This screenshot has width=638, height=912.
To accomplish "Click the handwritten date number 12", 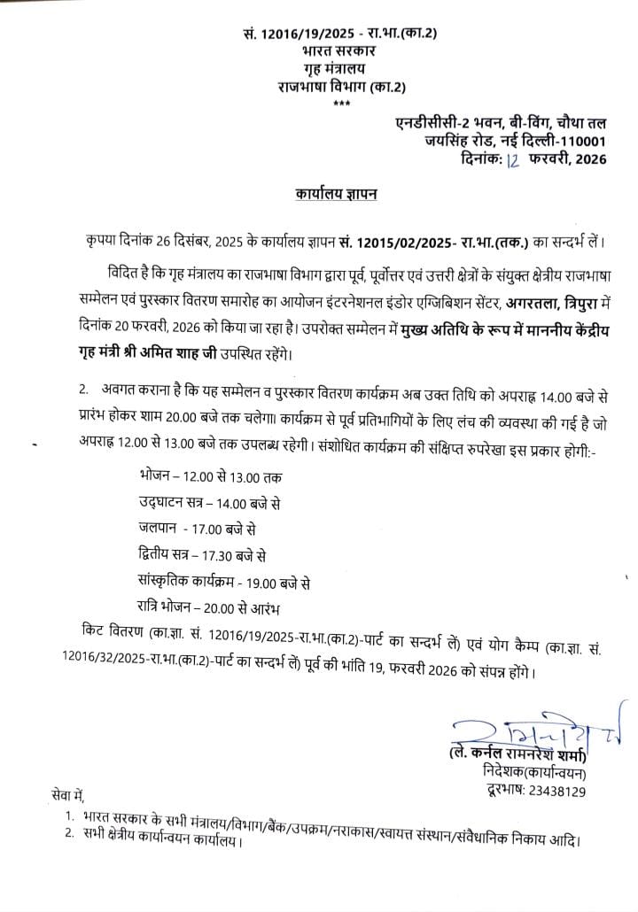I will coord(513,159).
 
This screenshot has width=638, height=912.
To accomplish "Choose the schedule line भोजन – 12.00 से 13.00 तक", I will coord(211,476).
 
